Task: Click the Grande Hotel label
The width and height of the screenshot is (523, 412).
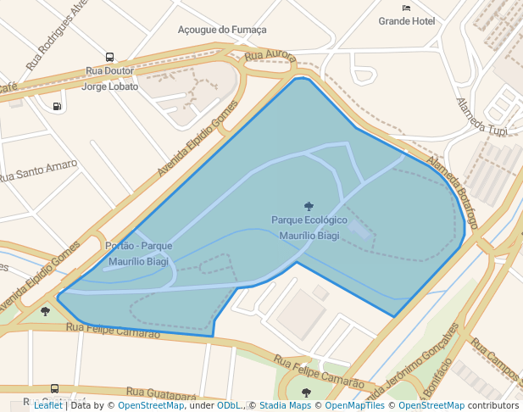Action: pos(406,21)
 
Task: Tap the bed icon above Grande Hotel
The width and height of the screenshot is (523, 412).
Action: pos(406,8)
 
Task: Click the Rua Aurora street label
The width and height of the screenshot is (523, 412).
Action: pos(270,56)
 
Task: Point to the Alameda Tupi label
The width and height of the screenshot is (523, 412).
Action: pos(481,116)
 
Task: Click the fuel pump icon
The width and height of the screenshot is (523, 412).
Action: pos(57,106)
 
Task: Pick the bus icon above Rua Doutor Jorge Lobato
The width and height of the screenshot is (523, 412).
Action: pos(109,58)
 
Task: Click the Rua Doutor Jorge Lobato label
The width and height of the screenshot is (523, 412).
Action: pos(110,79)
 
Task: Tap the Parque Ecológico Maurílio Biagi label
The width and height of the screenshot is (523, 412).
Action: pos(309,227)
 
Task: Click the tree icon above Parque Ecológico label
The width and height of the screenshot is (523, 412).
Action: pos(308,205)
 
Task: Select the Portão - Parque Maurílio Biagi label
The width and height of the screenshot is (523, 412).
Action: pos(138,253)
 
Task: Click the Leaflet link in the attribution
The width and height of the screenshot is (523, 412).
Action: pos(48,405)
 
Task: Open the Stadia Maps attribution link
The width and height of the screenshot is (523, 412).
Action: pos(285,405)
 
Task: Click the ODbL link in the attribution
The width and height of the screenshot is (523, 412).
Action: pos(228,405)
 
